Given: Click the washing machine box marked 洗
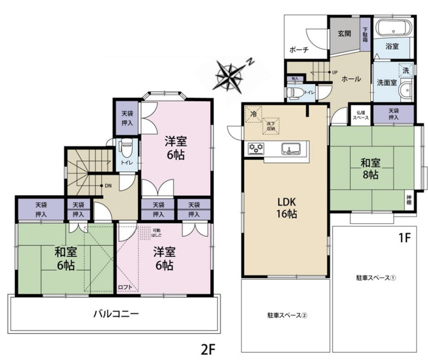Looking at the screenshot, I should [x=405, y=70].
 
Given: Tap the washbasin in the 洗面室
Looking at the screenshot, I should [x=406, y=90].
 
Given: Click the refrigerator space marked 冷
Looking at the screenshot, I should [x=253, y=114].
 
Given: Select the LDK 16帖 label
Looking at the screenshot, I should [x=286, y=208].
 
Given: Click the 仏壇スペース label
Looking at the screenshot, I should [x=361, y=114].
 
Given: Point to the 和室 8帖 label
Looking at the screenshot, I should [x=368, y=169].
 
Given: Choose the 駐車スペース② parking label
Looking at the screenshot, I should [x=287, y=315].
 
